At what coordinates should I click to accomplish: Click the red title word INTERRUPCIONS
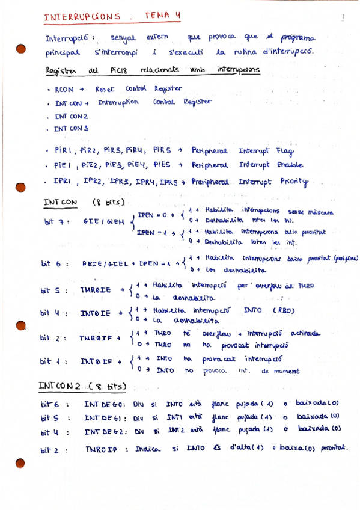point(82,17)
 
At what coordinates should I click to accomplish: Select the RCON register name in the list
point(64,89)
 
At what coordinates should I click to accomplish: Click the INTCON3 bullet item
point(71,128)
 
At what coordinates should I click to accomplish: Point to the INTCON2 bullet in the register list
point(71,115)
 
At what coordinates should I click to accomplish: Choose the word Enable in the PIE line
point(287,165)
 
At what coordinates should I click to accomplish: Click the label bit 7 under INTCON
point(57,221)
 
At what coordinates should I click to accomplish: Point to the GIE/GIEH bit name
point(103,221)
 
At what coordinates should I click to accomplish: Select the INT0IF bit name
point(96,362)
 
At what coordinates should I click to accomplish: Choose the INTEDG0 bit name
point(105,402)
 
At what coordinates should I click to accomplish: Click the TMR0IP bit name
point(101,448)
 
